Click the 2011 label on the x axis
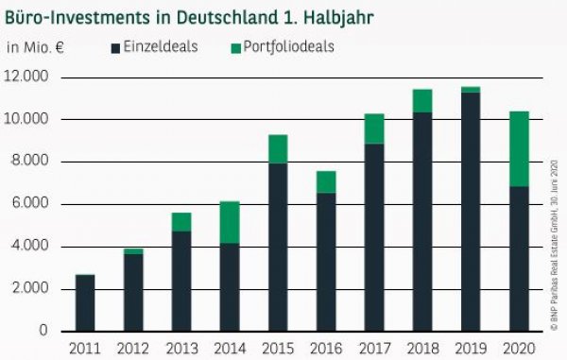85,348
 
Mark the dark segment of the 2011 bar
85,302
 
